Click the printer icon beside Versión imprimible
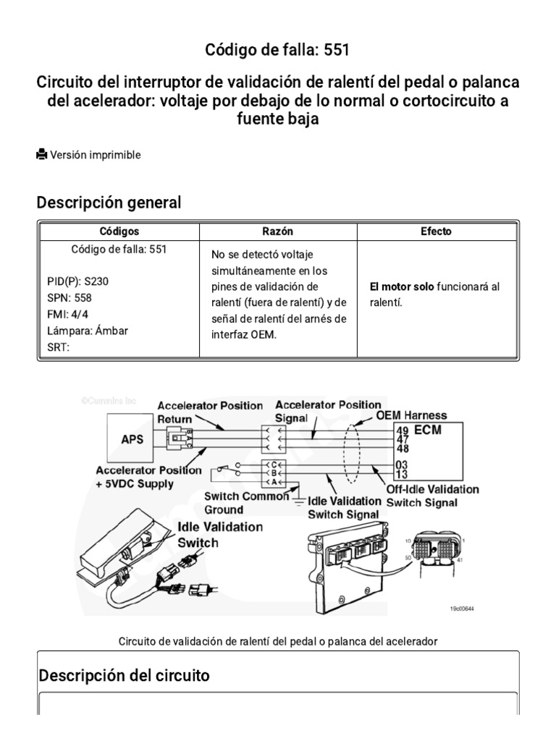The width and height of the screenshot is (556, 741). pos(42,154)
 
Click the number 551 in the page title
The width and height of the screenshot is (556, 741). pos(338,50)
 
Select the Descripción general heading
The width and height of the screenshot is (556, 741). pos(109,203)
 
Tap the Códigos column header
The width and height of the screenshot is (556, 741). pos(119,232)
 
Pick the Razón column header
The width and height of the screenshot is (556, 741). pos(278,232)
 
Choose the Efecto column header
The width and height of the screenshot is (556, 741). pos(436,232)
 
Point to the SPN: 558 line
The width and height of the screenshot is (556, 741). pos(69,297)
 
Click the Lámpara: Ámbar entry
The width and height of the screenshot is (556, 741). pos(88,331)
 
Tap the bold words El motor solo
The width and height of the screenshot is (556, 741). pos(402,287)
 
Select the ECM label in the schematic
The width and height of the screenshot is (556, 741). pos(428,430)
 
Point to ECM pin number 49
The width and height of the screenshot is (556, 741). pos(403,430)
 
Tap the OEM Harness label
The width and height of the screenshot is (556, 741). pos(411,415)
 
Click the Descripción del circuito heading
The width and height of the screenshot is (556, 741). pos(124,676)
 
